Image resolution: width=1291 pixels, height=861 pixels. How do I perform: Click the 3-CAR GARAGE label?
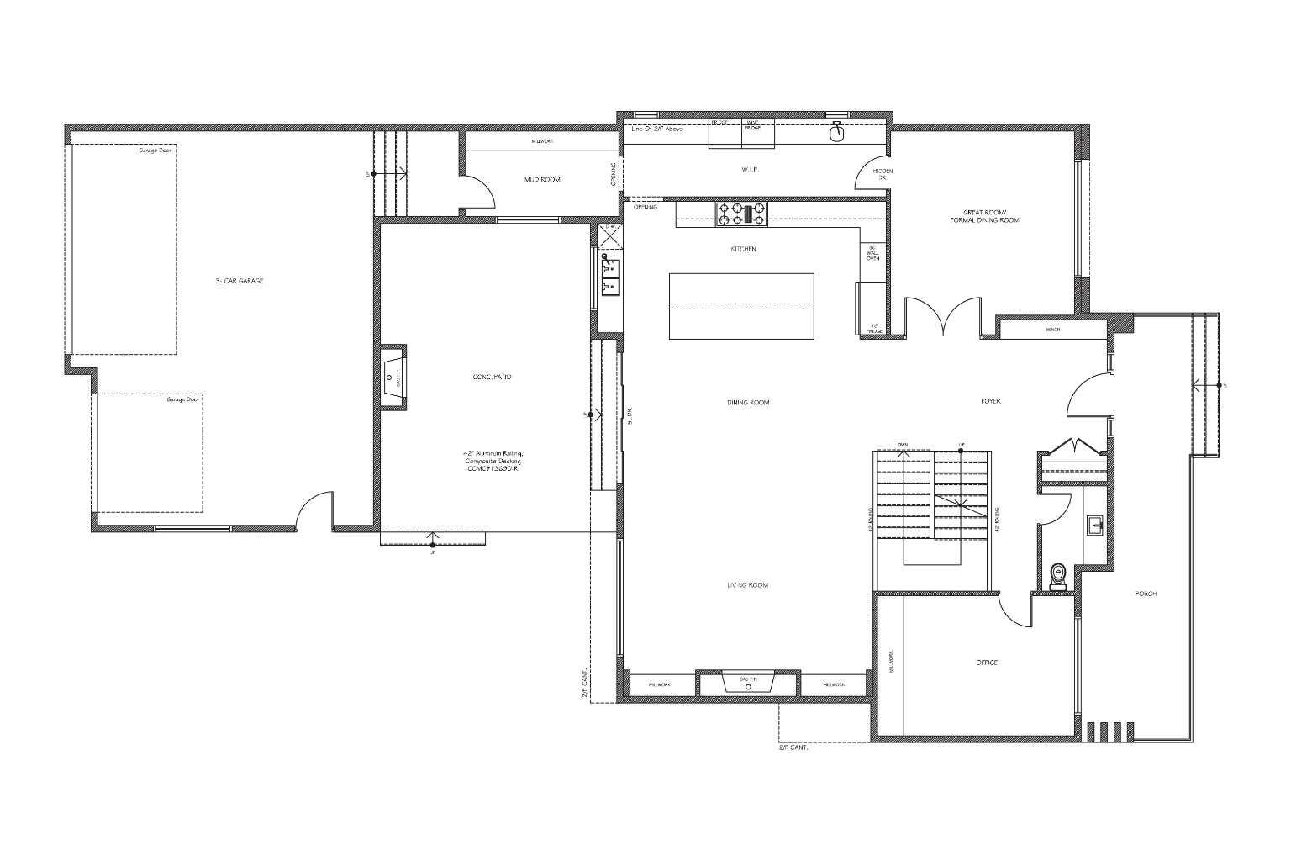(x=240, y=281)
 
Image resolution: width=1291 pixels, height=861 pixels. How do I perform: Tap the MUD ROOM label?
(x=542, y=180)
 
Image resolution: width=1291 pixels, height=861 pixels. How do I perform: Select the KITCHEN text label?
(x=743, y=250)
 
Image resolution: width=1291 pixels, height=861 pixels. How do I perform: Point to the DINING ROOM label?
(x=748, y=403)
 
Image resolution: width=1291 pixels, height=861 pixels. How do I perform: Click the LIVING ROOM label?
(x=747, y=585)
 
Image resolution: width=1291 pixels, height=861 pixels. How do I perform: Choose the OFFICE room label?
(x=987, y=663)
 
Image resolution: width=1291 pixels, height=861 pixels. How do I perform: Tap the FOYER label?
(x=991, y=401)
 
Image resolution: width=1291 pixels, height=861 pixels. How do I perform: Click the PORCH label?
(x=1146, y=594)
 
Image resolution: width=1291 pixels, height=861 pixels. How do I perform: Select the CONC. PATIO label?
(x=492, y=377)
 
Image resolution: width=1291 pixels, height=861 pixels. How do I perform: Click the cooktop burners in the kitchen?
(x=741, y=214)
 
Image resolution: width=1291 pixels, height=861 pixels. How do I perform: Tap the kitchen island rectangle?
(x=741, y=306)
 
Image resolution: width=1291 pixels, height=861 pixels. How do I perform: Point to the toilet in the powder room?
(x=1058, y=576)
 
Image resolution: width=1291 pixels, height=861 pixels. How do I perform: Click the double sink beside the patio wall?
(x=610, y=277)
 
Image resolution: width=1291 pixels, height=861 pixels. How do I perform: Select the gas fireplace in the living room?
(x=748, y=683)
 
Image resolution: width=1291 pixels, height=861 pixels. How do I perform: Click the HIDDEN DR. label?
(x=883, y=175)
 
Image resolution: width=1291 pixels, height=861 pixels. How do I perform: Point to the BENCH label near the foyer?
(x=1052, y=330)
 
